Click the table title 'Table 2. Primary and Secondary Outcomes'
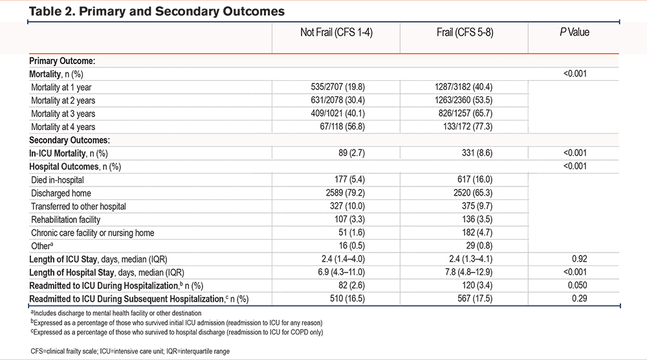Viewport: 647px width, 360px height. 157,11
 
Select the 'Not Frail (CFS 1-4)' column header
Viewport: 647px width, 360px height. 336,32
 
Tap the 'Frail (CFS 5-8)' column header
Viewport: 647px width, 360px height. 465,32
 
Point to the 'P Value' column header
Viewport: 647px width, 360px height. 575,32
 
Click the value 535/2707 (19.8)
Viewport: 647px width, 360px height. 338,87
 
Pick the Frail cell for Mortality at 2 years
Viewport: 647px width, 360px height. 463,100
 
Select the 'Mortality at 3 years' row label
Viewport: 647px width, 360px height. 63,113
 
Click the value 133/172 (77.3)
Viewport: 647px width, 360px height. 468,127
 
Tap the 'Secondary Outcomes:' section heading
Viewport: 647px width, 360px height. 70,140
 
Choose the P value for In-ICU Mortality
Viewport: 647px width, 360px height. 575,153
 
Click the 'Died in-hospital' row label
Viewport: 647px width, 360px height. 58,180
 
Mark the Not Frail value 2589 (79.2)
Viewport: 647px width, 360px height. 345,193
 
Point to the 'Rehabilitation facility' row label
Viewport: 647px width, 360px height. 65,219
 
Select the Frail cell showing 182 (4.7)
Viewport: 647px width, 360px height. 477,232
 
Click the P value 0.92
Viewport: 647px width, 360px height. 579,259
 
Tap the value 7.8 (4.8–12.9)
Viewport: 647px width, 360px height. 468,272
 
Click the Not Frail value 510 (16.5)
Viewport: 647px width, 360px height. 347,298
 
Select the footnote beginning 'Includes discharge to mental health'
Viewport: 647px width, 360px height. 116,313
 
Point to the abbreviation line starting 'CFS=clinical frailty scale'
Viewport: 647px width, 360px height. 130,352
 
